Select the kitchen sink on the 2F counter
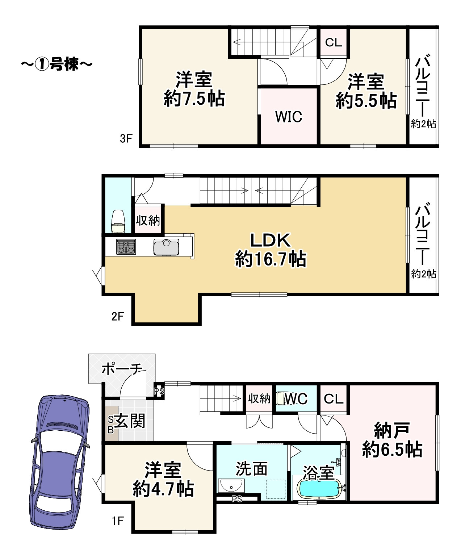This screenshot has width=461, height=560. click(x=166, y=247)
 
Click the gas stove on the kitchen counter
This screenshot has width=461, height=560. click(x=126, y=247)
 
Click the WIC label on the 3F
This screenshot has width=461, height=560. click(x=289, y=116)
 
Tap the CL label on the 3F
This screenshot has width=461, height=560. click(x=333, y=42)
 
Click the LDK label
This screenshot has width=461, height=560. click(x=270, y=240)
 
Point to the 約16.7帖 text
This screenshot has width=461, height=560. click(x=271, y=259)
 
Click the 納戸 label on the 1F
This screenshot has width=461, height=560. click(x=392, y=430)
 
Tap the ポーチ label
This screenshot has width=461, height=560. click(x=122, y=369)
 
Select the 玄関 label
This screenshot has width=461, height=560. click(x=130, y=421)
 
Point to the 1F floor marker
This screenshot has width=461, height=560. click(x=118, y=521)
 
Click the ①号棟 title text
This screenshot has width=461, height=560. click(x=56, y=64)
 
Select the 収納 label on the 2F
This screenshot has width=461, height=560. click(x=148, y=221)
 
